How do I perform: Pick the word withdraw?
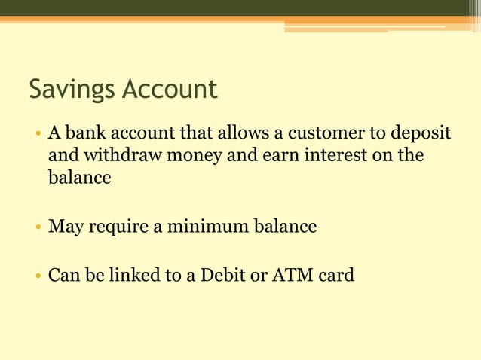[122, 156]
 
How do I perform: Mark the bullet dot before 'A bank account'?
[37, 136]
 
